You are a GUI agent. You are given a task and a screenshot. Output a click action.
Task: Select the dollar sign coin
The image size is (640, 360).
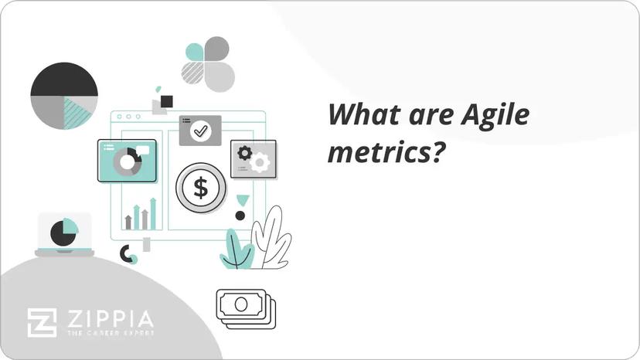pos(201,188)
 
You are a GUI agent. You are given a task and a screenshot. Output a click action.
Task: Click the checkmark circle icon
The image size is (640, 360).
pos(201,131)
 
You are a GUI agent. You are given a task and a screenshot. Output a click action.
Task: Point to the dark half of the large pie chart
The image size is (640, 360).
pos(64,80)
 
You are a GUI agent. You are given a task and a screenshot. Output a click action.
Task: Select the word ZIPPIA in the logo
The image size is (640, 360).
pos(109,318)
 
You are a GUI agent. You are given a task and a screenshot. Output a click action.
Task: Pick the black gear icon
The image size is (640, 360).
pos(245,152)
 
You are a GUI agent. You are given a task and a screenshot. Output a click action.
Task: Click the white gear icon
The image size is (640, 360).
pos(260,162)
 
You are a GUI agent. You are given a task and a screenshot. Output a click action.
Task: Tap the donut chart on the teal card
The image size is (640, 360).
pos(126,161)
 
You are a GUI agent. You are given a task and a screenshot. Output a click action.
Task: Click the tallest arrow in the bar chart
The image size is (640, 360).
pos(152,213)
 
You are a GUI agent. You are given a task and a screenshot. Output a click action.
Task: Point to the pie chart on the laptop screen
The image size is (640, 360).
pos(64,231)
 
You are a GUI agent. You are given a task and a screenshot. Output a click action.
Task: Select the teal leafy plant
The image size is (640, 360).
pos(236,250)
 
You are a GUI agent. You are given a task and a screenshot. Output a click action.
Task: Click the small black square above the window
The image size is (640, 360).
pos(166,101)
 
